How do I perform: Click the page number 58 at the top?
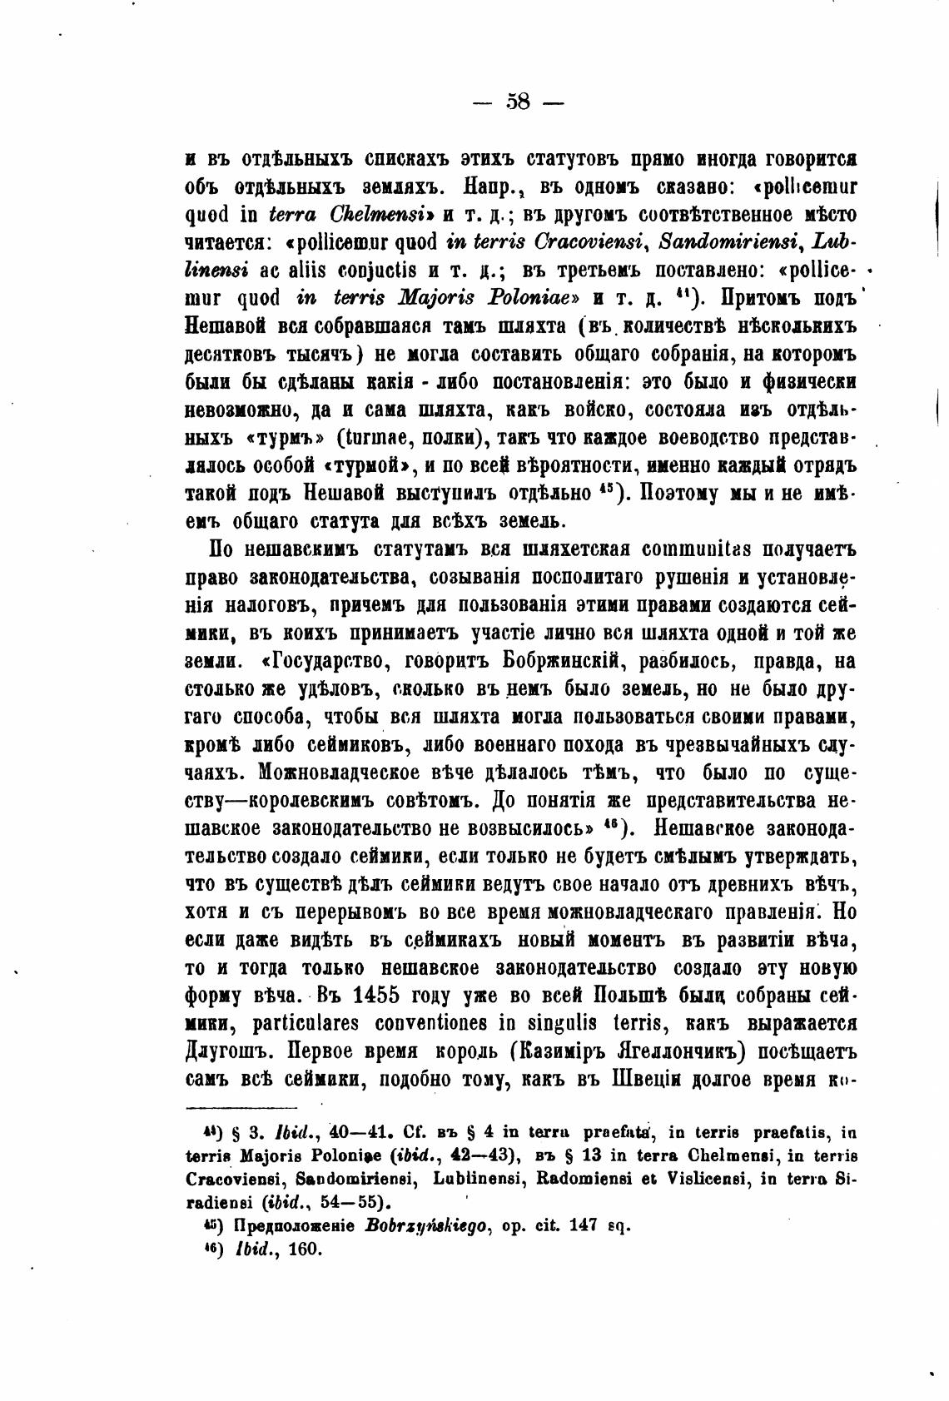click(517, 102)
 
